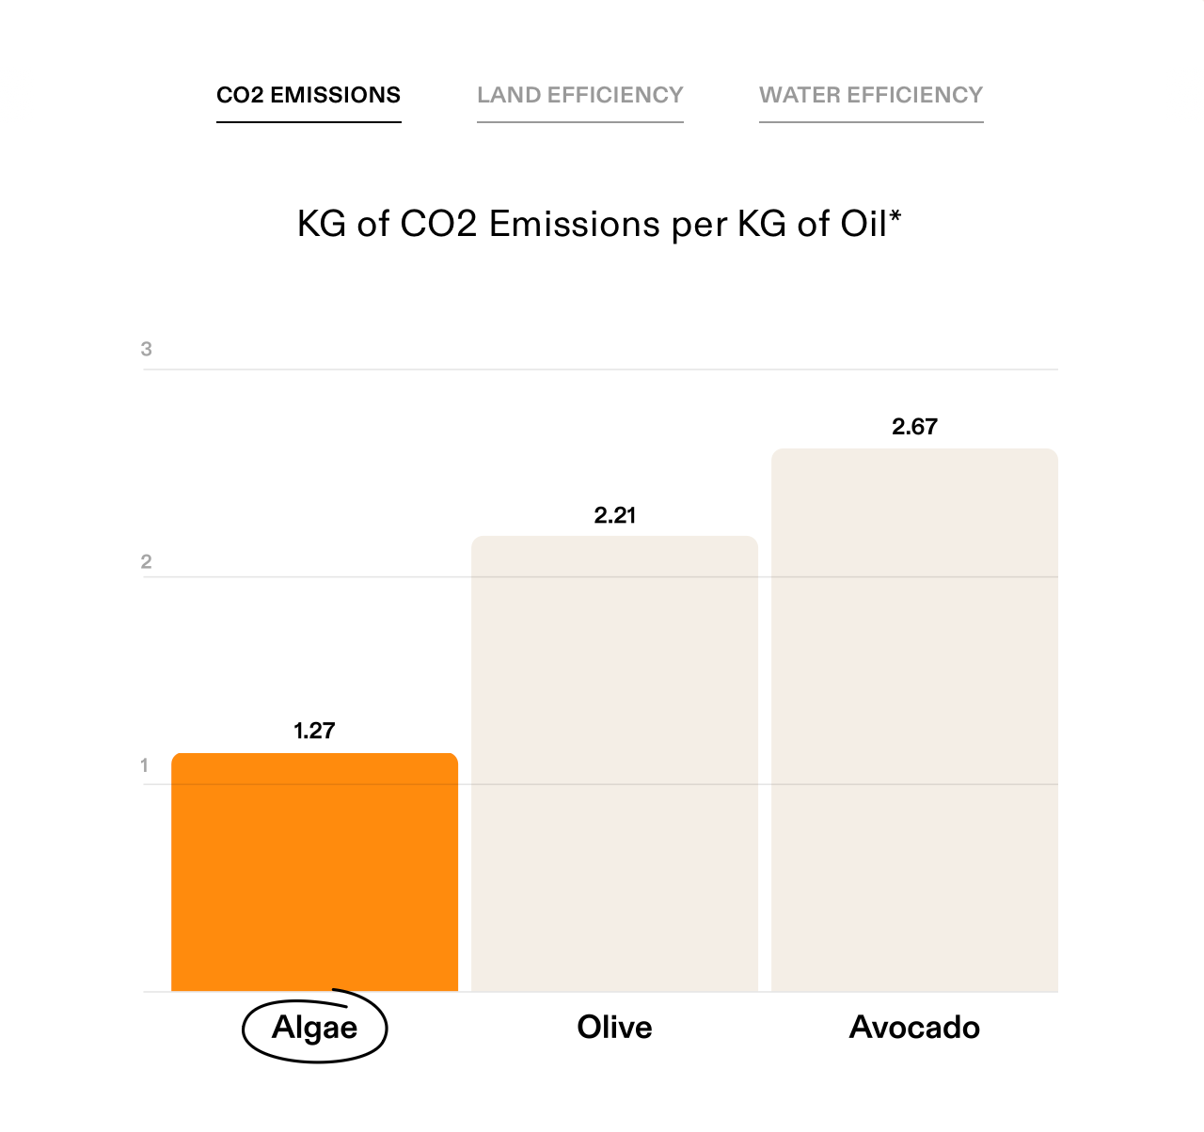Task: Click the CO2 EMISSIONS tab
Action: (x=309, y=95)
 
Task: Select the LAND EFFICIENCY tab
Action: (x=579, y=95)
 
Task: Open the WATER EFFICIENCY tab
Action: (x=871, y=95)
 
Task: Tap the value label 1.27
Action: (x=314, y=731)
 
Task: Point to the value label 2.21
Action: (x=615, y=515)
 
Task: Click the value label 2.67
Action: (x=914, y=427)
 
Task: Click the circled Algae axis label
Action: (x=314, y=1028)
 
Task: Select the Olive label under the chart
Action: (x=614, y=1027)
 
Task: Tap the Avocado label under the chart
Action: (x=914, y=1027)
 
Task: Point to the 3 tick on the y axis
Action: (x=146, y=350)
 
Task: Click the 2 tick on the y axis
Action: (x=146, y=562)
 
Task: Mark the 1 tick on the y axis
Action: (x=145, y=765)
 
